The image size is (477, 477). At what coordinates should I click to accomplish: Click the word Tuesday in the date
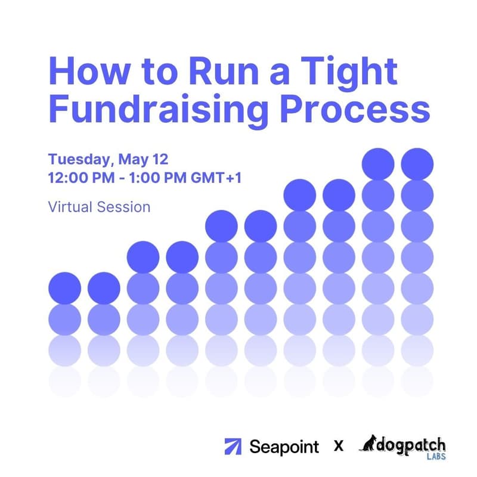pyautogui.click(x=80, y=160)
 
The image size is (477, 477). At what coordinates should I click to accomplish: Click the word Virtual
pyautogui.click(x=67, y=207)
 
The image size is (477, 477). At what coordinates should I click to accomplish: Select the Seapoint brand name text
pyautogui.click(x=284, y=447)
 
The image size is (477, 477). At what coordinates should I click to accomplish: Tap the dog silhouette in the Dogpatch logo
pyautogui.click(x=369, y=444)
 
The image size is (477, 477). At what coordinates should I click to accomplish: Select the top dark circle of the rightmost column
pyautogui.click(x=417, y=163)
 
